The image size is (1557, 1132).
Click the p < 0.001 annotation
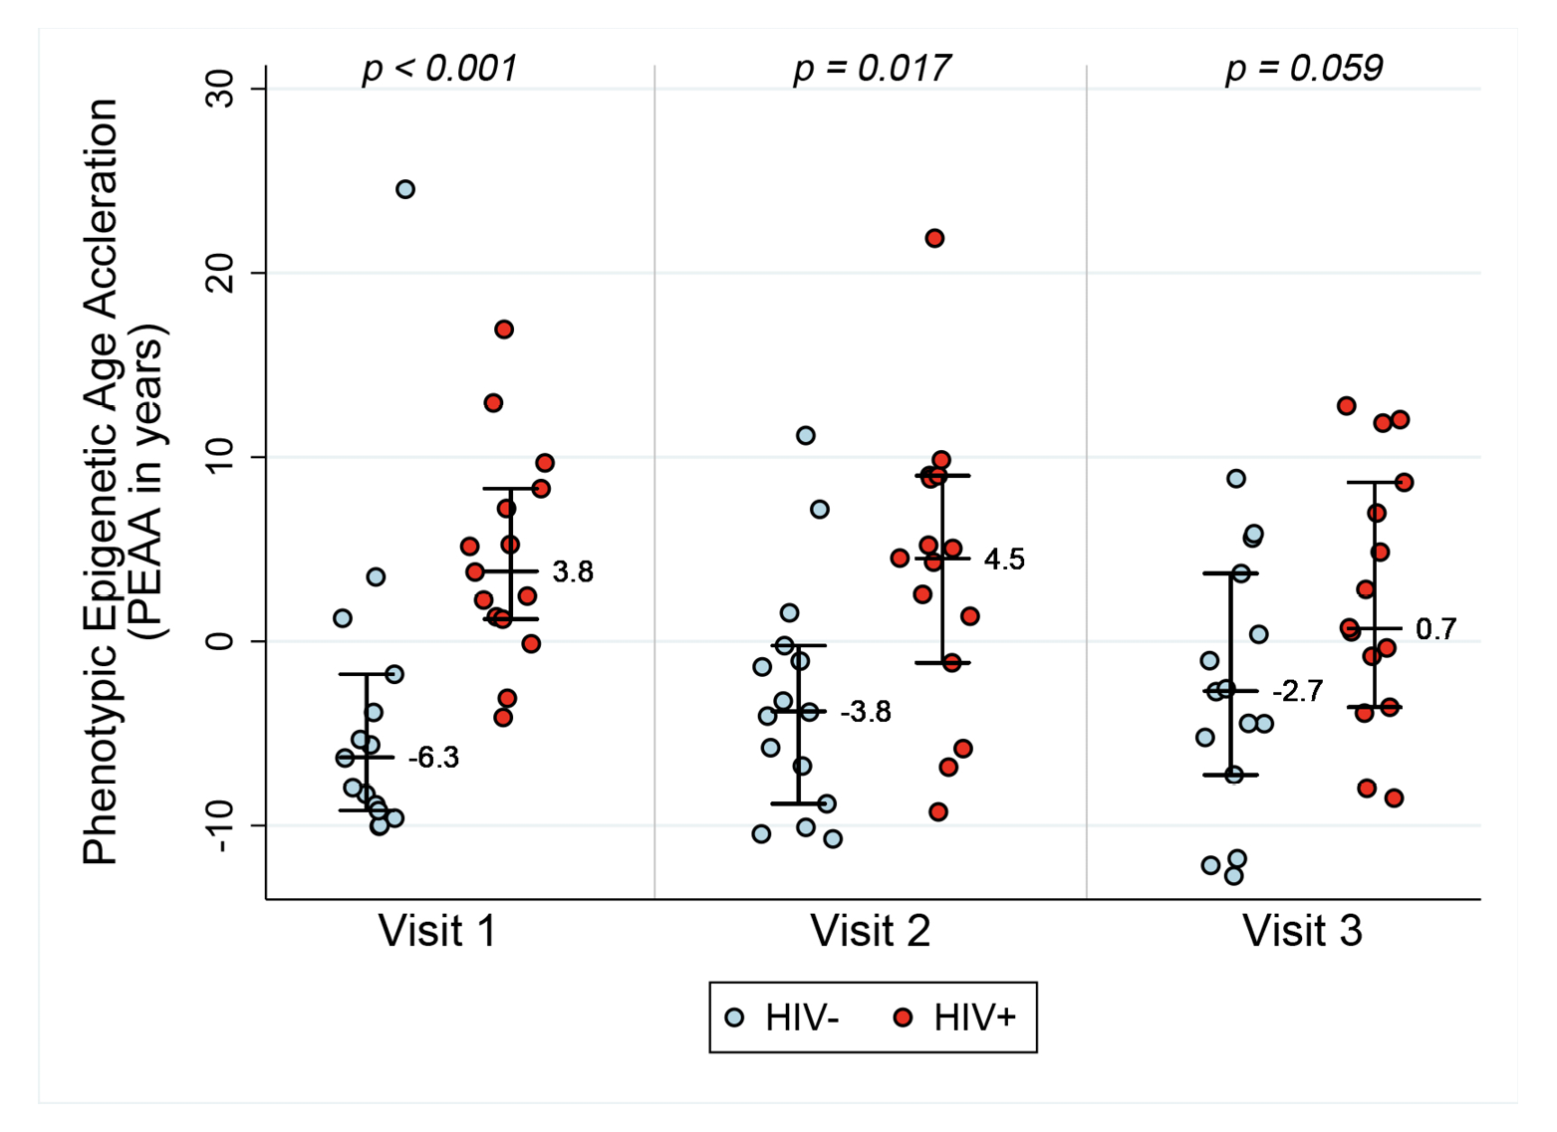(439, 69)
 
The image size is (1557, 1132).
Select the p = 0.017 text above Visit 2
(871, 69)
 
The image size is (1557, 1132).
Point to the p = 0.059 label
(1303, 69)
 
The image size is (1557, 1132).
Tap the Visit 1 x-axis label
(437, 932)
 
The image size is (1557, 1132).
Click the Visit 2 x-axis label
(870, 932)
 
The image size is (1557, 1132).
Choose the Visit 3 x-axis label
(1302, 932)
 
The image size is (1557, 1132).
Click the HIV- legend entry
(783, 1018)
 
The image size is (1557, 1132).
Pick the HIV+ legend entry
(956, 1018)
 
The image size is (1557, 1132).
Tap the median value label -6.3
(433, 759)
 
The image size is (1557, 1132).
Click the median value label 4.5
(1004, 560)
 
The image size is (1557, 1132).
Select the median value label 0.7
(1435, 629)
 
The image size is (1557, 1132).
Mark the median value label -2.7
(1297, 692)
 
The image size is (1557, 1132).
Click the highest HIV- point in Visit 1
(405, 189)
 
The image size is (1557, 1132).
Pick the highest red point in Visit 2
(934, 238)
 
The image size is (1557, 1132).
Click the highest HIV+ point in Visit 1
(504, 330)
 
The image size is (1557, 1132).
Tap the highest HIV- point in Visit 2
(806, 435)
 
